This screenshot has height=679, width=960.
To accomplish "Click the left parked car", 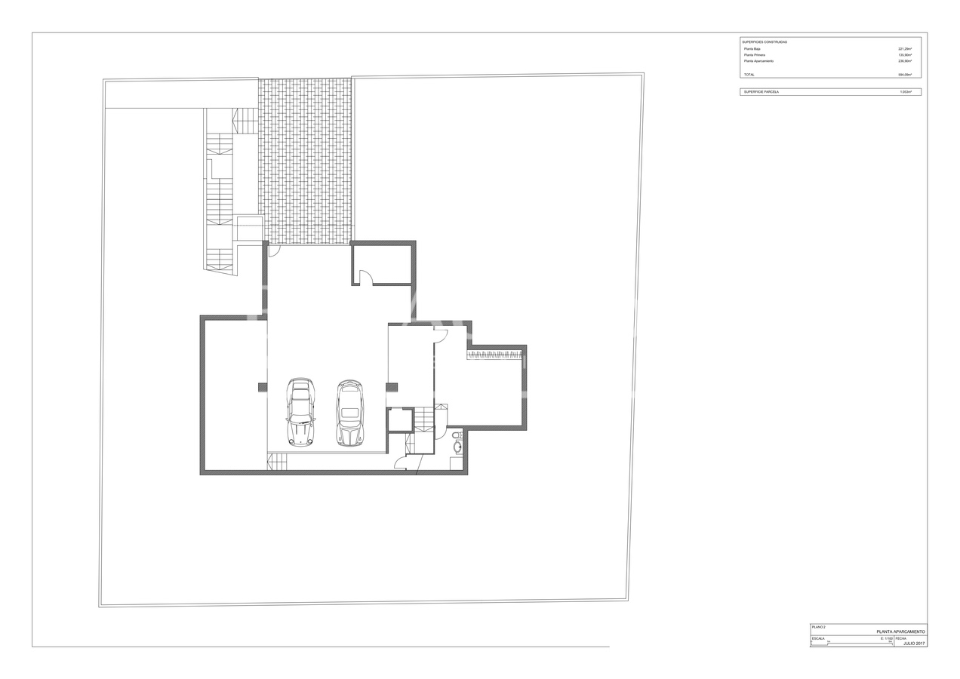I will tap(300, 412).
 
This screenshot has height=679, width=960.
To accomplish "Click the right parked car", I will tap(349, 413).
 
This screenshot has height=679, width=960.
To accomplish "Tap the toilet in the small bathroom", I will tap(457, 435).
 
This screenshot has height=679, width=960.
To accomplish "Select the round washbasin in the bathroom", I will tap(457, 447).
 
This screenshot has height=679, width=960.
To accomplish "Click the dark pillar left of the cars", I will tap(263, 387).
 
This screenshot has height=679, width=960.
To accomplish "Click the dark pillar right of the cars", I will tap(392, 387).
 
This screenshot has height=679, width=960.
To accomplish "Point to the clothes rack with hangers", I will tap(494, 354).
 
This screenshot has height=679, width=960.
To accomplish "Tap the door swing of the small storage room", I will tap(365, 279).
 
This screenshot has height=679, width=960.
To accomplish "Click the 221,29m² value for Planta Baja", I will tap(904, 49).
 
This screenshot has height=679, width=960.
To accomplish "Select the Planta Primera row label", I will tap(755, 55).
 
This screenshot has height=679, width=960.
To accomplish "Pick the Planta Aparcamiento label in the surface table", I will tap(758, 61).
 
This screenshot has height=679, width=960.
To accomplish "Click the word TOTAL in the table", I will tap(749, 75).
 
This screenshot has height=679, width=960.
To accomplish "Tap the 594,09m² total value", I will tap(904, 75).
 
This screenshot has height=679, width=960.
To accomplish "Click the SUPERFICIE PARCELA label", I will tap(761, 91).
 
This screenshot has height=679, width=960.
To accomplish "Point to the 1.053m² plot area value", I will tap(905, 91).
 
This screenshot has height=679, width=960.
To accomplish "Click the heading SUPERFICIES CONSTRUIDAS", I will tap(765, 42).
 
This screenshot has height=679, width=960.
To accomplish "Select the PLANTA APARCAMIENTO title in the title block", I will tap(900, 631).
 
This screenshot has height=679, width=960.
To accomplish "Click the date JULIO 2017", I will tap(913, 644).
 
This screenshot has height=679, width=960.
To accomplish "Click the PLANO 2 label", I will tap(819, 627).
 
